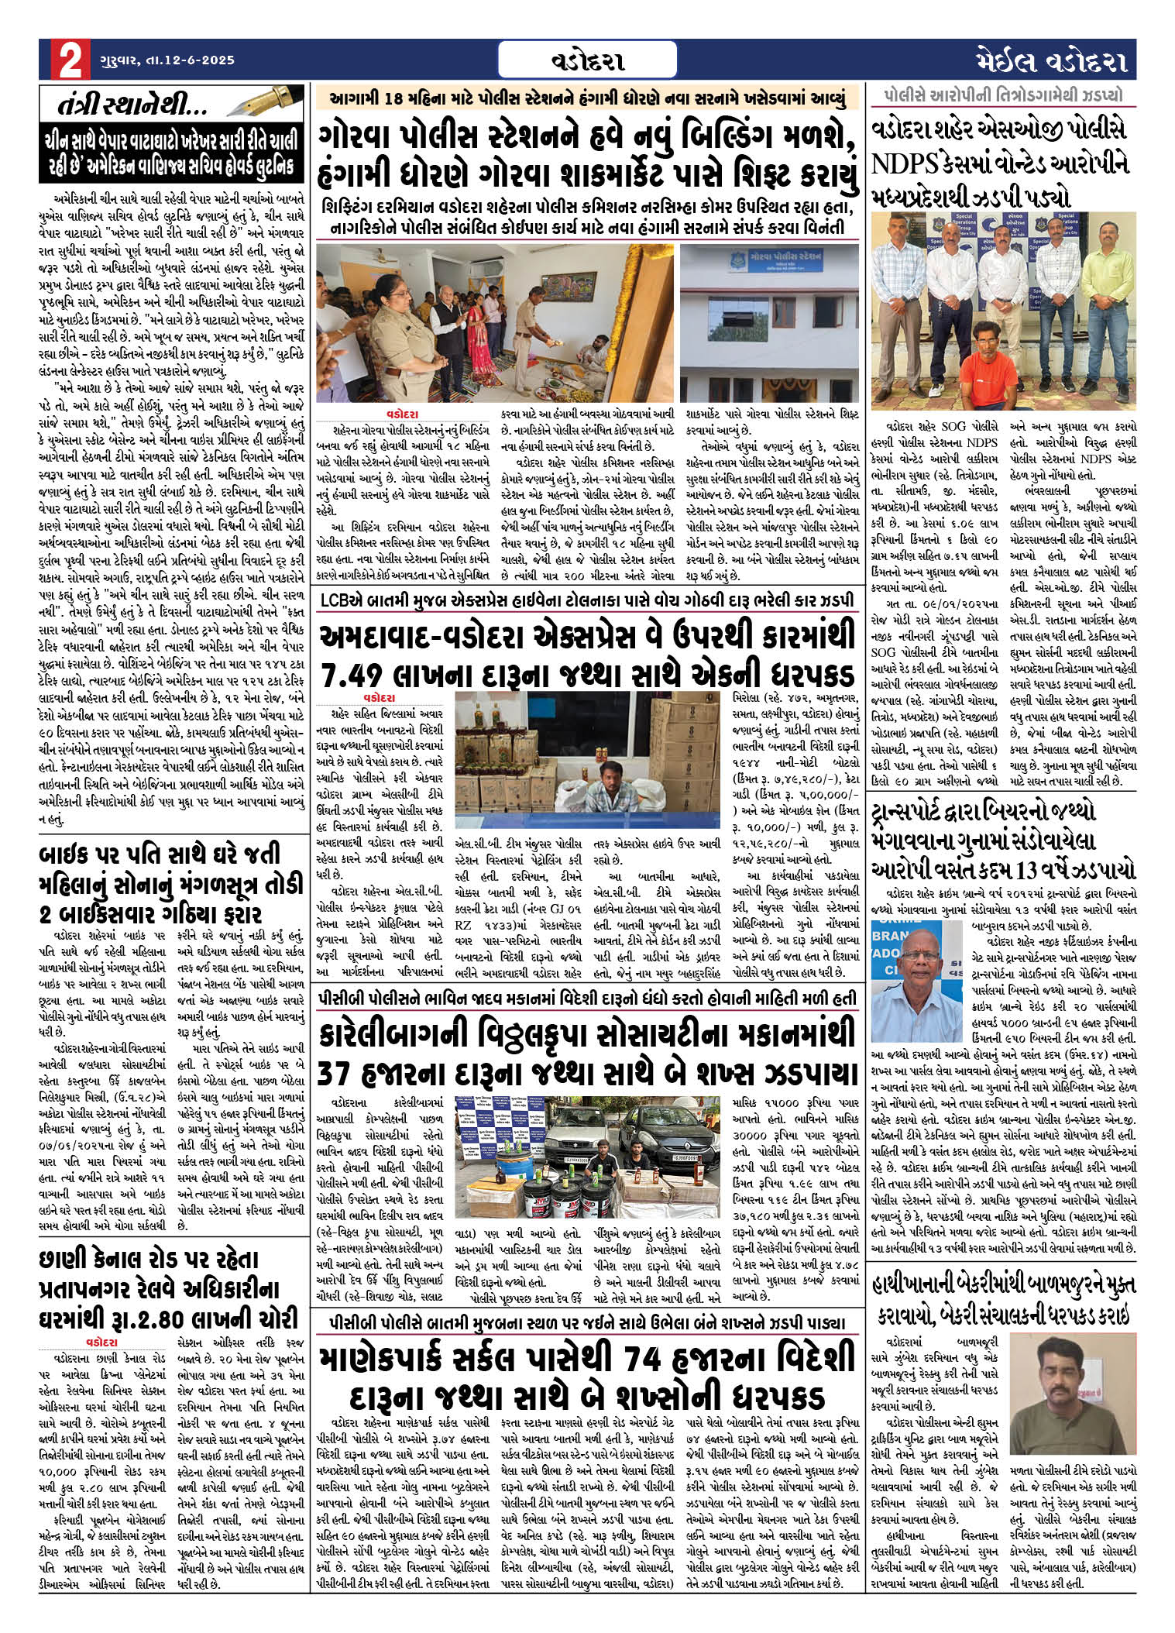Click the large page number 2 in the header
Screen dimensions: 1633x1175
(x=67, y=60)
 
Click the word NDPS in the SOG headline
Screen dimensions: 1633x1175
(x=905, y=163)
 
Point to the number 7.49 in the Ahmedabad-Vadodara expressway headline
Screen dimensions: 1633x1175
(x=356, y=674)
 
